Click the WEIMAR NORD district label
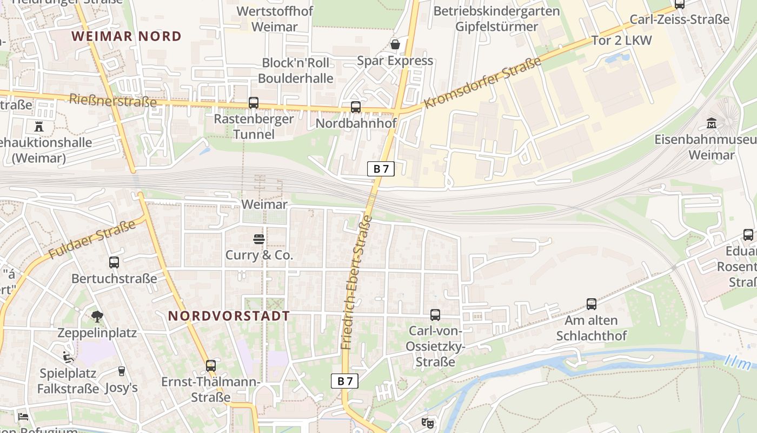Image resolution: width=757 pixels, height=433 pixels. coord(127,36)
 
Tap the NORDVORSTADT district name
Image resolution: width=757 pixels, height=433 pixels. coord(229,316)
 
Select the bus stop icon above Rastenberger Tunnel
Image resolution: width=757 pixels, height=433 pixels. coord(253,102)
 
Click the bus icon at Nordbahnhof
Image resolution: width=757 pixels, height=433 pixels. coord(355,107)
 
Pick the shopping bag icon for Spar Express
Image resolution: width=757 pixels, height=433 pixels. coord(395,44)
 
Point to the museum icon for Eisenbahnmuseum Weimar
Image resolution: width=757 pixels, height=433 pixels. coord(712,123)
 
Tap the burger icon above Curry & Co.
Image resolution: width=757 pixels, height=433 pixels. coord(258,239)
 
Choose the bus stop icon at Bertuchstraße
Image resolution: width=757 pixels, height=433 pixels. coord(114,263)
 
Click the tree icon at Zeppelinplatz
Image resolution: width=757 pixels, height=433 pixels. coord(97,317)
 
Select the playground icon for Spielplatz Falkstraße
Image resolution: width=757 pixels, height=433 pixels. coord(68,357)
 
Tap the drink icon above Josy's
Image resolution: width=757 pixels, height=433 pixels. coord(122,371)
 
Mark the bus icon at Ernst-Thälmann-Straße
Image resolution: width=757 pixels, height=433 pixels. coord(211,366)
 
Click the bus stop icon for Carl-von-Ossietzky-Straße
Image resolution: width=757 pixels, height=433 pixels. coord(435,315)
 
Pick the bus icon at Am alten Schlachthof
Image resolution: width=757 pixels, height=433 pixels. coord(592,304)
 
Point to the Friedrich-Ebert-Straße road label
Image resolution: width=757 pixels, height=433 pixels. coord(357,282)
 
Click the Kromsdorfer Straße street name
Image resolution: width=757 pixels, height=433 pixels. coord(482,82)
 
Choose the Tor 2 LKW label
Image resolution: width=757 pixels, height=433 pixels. coord(622,41)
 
